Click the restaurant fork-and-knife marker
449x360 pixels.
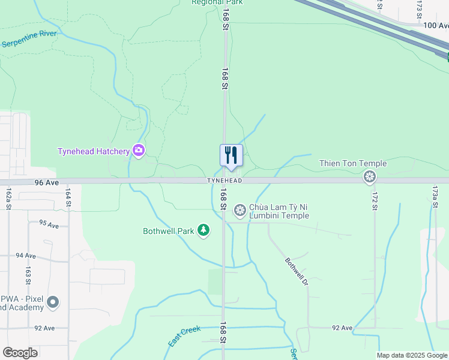(x=231, y=155)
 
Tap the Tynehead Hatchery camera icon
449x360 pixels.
(x=139, y=150)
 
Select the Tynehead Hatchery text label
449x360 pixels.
(x=94, y=151)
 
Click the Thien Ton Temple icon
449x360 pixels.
(x=370, y=176)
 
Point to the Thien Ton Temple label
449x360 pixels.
(x=353, y=164)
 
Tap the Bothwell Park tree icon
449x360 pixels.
(x=203, y=230)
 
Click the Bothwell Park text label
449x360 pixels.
(x=168, y=230)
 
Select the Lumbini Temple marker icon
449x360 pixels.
(x=240, y=209)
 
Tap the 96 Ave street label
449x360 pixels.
(x=46, y=181)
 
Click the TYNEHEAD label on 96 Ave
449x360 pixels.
(x=224, y=181)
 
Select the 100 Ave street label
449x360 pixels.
(x=436, y=25)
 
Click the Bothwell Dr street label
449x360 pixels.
(x=296, y=271)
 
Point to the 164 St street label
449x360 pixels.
(x=68, y=198)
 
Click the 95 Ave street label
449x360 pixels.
(x=49, y=224)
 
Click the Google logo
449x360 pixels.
(x=20, y=353)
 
